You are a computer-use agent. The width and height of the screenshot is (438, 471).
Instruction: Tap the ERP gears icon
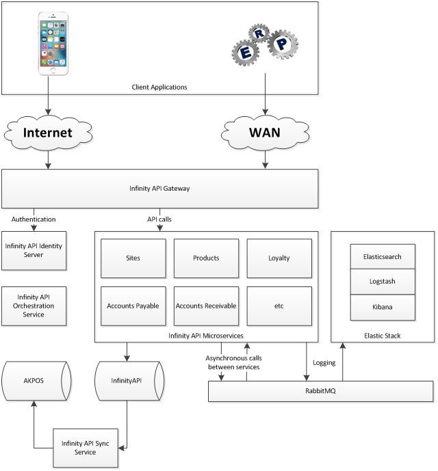tap(265, 44)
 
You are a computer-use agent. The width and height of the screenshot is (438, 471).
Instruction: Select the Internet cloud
tap(49, 133)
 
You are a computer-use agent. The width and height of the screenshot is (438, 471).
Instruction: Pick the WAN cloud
tap(265, 133)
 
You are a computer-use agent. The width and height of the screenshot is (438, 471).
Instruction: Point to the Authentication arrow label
tap(34, 219)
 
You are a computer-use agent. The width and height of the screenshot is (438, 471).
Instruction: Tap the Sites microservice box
tap(133, 258)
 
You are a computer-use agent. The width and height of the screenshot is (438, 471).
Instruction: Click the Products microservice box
tap(206, 258)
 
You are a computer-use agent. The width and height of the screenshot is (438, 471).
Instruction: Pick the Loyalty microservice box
tap(279, 258)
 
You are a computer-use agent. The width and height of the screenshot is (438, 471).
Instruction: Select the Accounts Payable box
tap(133, 306)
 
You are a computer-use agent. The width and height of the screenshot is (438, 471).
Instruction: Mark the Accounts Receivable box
tap(206, 306)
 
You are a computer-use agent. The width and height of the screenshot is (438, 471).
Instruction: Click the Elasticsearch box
tap(382, 257)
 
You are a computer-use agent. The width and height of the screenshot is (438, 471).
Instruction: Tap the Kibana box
tap(382, 308)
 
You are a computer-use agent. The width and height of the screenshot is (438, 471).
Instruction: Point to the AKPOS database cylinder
tap(34, 379)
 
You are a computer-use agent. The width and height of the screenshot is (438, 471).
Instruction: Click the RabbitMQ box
tap(320, 392)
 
